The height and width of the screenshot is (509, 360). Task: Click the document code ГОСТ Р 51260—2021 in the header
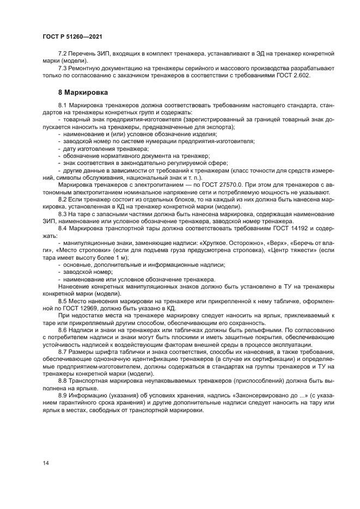click(72, 36)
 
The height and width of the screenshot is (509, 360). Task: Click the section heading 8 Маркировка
click(82, 93)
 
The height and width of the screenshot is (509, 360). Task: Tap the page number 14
click(46, 463)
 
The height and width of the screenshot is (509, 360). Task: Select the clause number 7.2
click(63, 54)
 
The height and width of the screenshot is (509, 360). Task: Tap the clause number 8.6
click(63, 330)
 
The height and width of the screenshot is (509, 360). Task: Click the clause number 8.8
click(63, 382)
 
